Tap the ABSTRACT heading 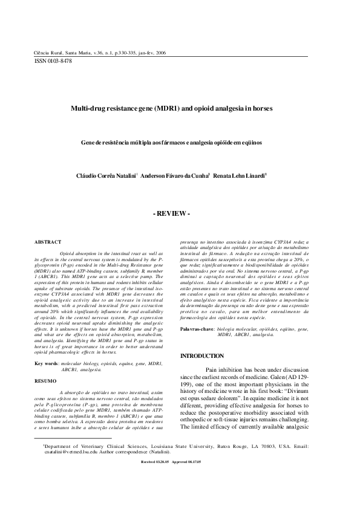pyautogui.click(x=48, y=242)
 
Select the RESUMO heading pyautogui.click(x=46, y=382)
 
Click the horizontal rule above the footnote pyautogui.click(x=73, y=454)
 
